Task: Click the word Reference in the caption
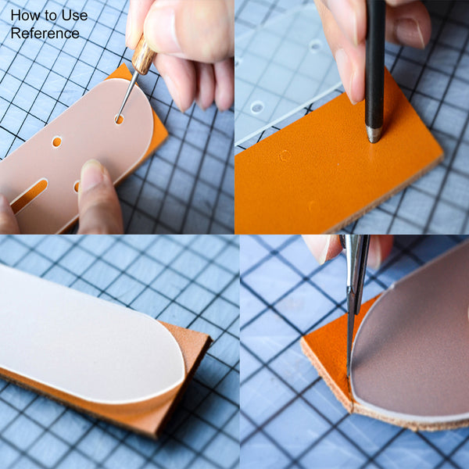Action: coord(45,33)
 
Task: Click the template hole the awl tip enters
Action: coord(119,120)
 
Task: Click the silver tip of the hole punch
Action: coord(374,134)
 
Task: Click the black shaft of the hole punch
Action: coord(374,63)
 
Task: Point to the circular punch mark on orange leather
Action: coord(285,156)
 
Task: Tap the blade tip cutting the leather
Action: coord(348,375)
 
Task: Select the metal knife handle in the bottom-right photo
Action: coord(356,269)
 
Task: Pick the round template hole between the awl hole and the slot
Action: coord(56,141)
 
